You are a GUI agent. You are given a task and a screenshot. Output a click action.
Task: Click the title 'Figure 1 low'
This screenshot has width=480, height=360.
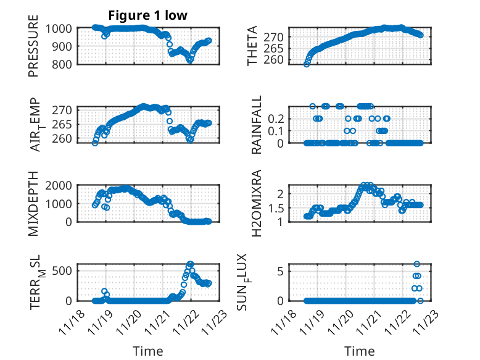click(x=147, y=15)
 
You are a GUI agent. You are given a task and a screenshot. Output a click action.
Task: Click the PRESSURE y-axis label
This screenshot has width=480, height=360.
click(x=33, y=51)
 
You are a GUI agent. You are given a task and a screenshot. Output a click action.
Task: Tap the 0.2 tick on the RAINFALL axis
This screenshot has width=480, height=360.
click(x=275, y=118)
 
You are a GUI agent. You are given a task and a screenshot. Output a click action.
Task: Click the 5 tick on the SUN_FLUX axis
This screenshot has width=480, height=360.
click(x=279, y=270)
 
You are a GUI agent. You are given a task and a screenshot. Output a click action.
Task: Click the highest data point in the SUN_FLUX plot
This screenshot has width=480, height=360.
click(x=416, y=264)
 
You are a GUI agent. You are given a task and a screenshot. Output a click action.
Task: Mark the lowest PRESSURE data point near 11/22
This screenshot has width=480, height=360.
click(x=189, y=61)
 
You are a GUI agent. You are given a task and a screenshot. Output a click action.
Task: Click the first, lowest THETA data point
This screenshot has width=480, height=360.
click(x=307, y=64)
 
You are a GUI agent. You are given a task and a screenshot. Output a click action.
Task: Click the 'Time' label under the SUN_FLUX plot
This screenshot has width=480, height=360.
click(x=360, y=351)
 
